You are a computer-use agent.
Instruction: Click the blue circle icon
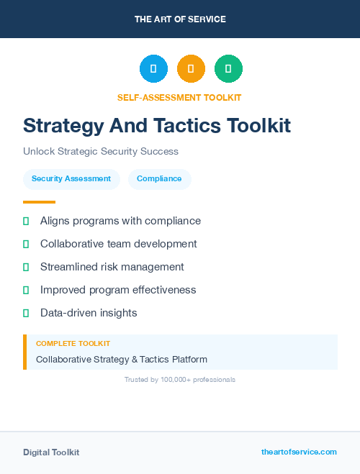(x=153, y=68)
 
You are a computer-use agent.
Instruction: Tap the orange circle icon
(x=191, y=68)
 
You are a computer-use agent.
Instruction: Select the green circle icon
(x=228, y=68)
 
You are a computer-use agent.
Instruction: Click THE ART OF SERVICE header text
(x=180, y=19)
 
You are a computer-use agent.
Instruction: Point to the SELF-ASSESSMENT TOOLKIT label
(x=179, y=97)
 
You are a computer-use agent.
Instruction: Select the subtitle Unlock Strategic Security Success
(x=100, y=152)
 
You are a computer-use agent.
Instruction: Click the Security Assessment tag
(x=71, y=179)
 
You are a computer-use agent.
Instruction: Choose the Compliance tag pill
(x=159, y=179)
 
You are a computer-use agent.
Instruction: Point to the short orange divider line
(x=39, y=202)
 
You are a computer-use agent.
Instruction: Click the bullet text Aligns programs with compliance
(x=120, y=221)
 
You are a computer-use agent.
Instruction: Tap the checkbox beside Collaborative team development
(x=26, y=244)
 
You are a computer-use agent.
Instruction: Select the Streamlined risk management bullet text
(x=112, y=267)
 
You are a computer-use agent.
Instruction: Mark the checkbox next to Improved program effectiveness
(x=26, y=290)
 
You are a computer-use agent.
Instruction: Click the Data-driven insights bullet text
(x=89, y=313)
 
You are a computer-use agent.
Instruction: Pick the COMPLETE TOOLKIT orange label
(x=73, y=344)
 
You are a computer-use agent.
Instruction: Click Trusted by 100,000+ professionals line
(x=180, y=379)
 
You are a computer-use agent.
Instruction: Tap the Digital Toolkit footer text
(x=51, y=452)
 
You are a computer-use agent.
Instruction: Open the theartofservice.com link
(x=299, y=452)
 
